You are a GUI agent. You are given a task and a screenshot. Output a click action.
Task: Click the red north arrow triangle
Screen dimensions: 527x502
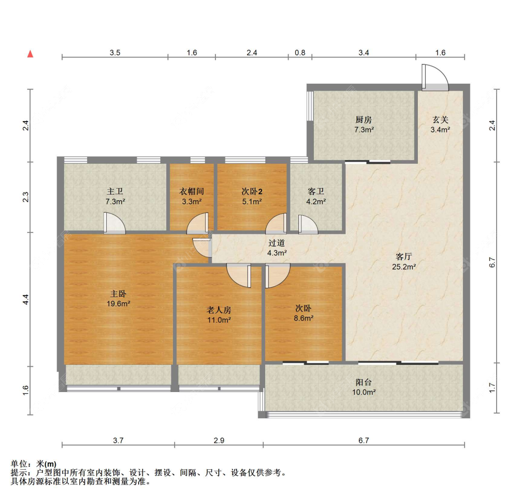pyautogui.click(x=30, y=54)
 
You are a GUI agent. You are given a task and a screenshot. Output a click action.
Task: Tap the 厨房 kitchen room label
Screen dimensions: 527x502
pyautogui.click(x=364, y=120)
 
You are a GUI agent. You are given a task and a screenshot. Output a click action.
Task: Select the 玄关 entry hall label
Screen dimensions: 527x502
pyautogui.click(x=440, y=120)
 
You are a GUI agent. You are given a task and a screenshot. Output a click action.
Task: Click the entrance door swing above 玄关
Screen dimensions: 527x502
pyautogui.click(x=435, y=78)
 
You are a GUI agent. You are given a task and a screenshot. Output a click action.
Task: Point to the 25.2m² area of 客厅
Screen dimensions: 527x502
pyautogui.click(x=404, y=267)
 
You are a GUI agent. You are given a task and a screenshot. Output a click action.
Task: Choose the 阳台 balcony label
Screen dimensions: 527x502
pyautogui.click(x=364, y=382)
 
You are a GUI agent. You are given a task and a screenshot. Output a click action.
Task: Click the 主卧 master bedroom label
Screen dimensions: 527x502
pyautogui.click(x=119, y=294)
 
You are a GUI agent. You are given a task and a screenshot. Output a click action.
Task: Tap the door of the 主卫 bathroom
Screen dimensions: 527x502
pyautogui.click(x=114, y=223)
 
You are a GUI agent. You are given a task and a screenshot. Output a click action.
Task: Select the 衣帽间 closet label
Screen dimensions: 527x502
pyautogui.click(x=192, y=192)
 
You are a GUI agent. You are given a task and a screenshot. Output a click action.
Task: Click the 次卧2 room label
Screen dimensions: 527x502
pyautogui.click(x=252, y=192)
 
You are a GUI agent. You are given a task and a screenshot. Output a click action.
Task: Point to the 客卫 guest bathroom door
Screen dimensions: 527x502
pyautogui.click(x=308, y=224)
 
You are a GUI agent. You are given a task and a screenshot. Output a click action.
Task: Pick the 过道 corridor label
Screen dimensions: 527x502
pyautogui.click(x=276, y=243)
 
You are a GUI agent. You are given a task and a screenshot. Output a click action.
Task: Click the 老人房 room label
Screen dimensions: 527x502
pyautogui.click(x=219, y=310)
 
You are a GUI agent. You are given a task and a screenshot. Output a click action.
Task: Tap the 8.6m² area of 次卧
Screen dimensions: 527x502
pyautogui.click(x=304, y=318)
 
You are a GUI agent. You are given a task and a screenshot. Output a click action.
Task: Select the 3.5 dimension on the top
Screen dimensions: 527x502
pyautogui.click(x=115, y=53)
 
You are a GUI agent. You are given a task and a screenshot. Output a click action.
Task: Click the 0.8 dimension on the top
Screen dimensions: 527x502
pyautogui.click(x=300, y=53)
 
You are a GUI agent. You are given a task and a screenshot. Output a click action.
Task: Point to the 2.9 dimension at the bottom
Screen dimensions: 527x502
pyautogui.click(x=219, y=440)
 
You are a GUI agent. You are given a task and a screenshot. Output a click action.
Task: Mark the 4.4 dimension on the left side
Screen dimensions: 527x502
pyautogui.click(x=26, y=299)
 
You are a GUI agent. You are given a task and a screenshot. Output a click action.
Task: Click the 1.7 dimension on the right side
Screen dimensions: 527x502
pyautogui.click(x=492, y=388)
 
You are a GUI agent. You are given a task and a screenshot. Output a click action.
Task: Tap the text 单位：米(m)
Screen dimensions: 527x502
pyautogui.click(x=34, y=464)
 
